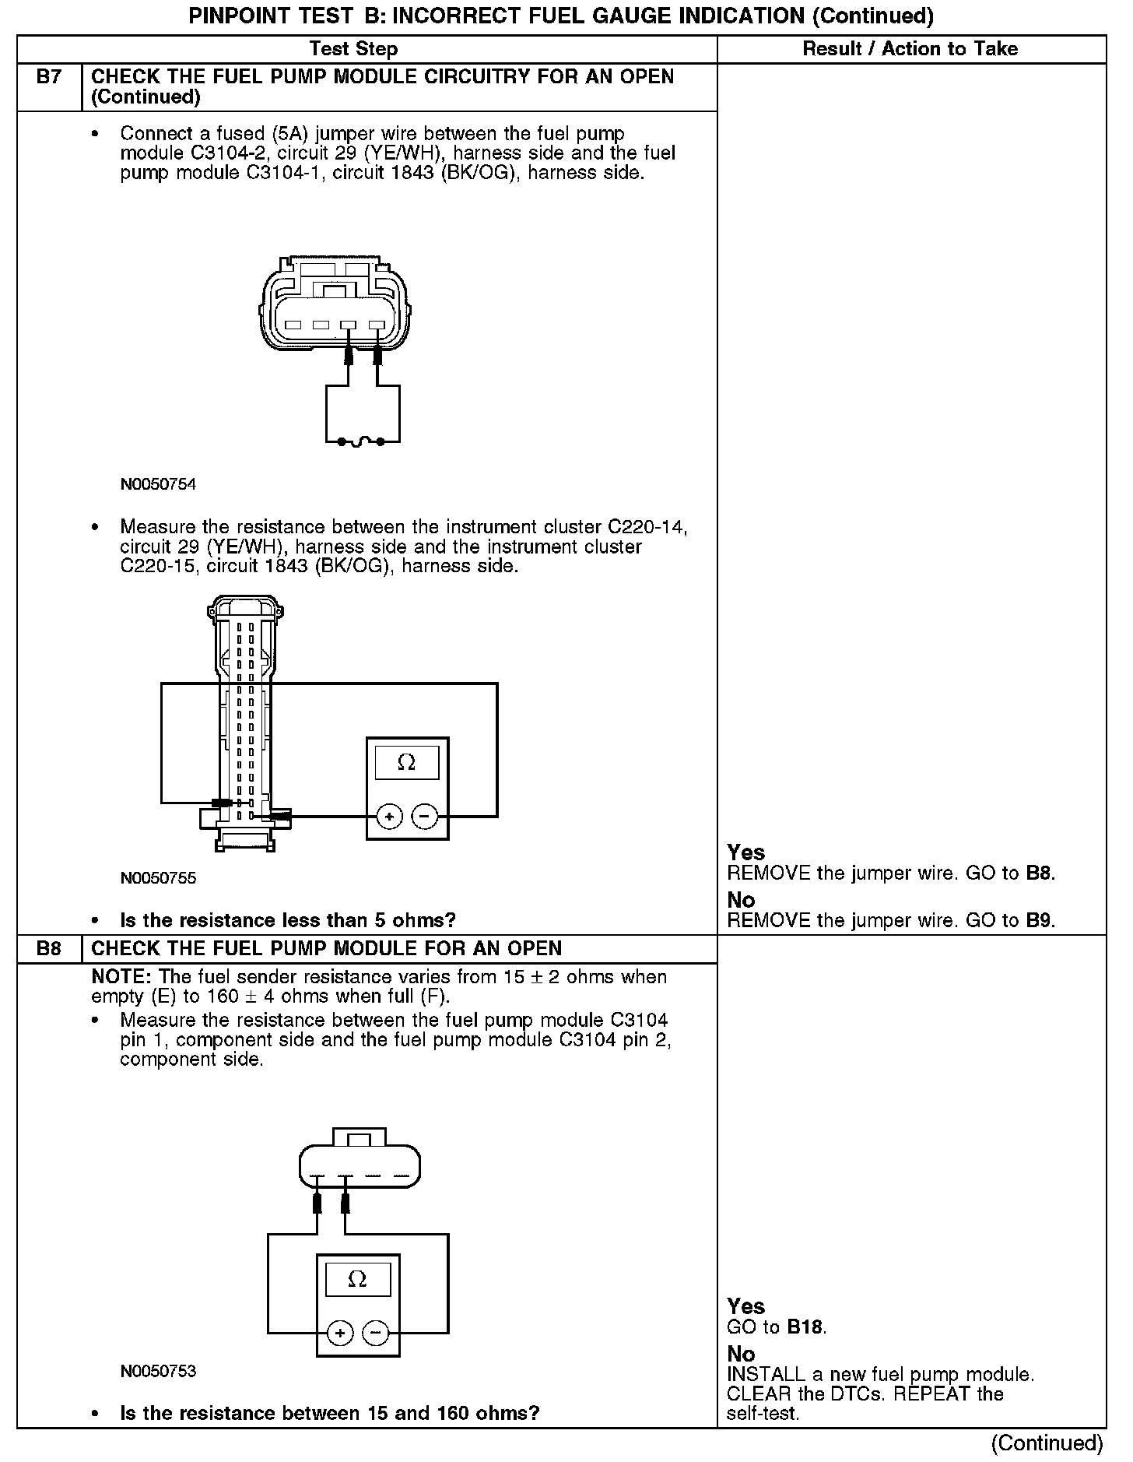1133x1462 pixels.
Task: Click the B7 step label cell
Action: (49, 77)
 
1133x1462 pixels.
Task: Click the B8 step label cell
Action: (49, 948)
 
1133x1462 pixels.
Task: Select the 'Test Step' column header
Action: (353, 49)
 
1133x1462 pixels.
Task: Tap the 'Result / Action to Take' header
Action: (910, 49)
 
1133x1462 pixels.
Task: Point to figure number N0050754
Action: (158, 484)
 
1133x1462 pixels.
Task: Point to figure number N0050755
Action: (158, 878)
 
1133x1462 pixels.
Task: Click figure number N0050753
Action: (158, 1371)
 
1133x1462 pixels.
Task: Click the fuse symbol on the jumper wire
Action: (360, 442)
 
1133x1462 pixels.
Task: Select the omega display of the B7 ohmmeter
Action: (406, 762)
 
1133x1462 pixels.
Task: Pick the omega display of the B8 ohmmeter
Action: (357, 1279)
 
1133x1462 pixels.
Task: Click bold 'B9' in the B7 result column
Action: (1040, 920)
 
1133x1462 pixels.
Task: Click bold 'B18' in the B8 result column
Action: (805, 1327)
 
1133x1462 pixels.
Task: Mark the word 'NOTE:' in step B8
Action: (121, 977)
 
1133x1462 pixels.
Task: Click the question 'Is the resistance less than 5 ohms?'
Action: (288, 920)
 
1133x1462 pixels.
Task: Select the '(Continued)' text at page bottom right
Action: (1047, 1443)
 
